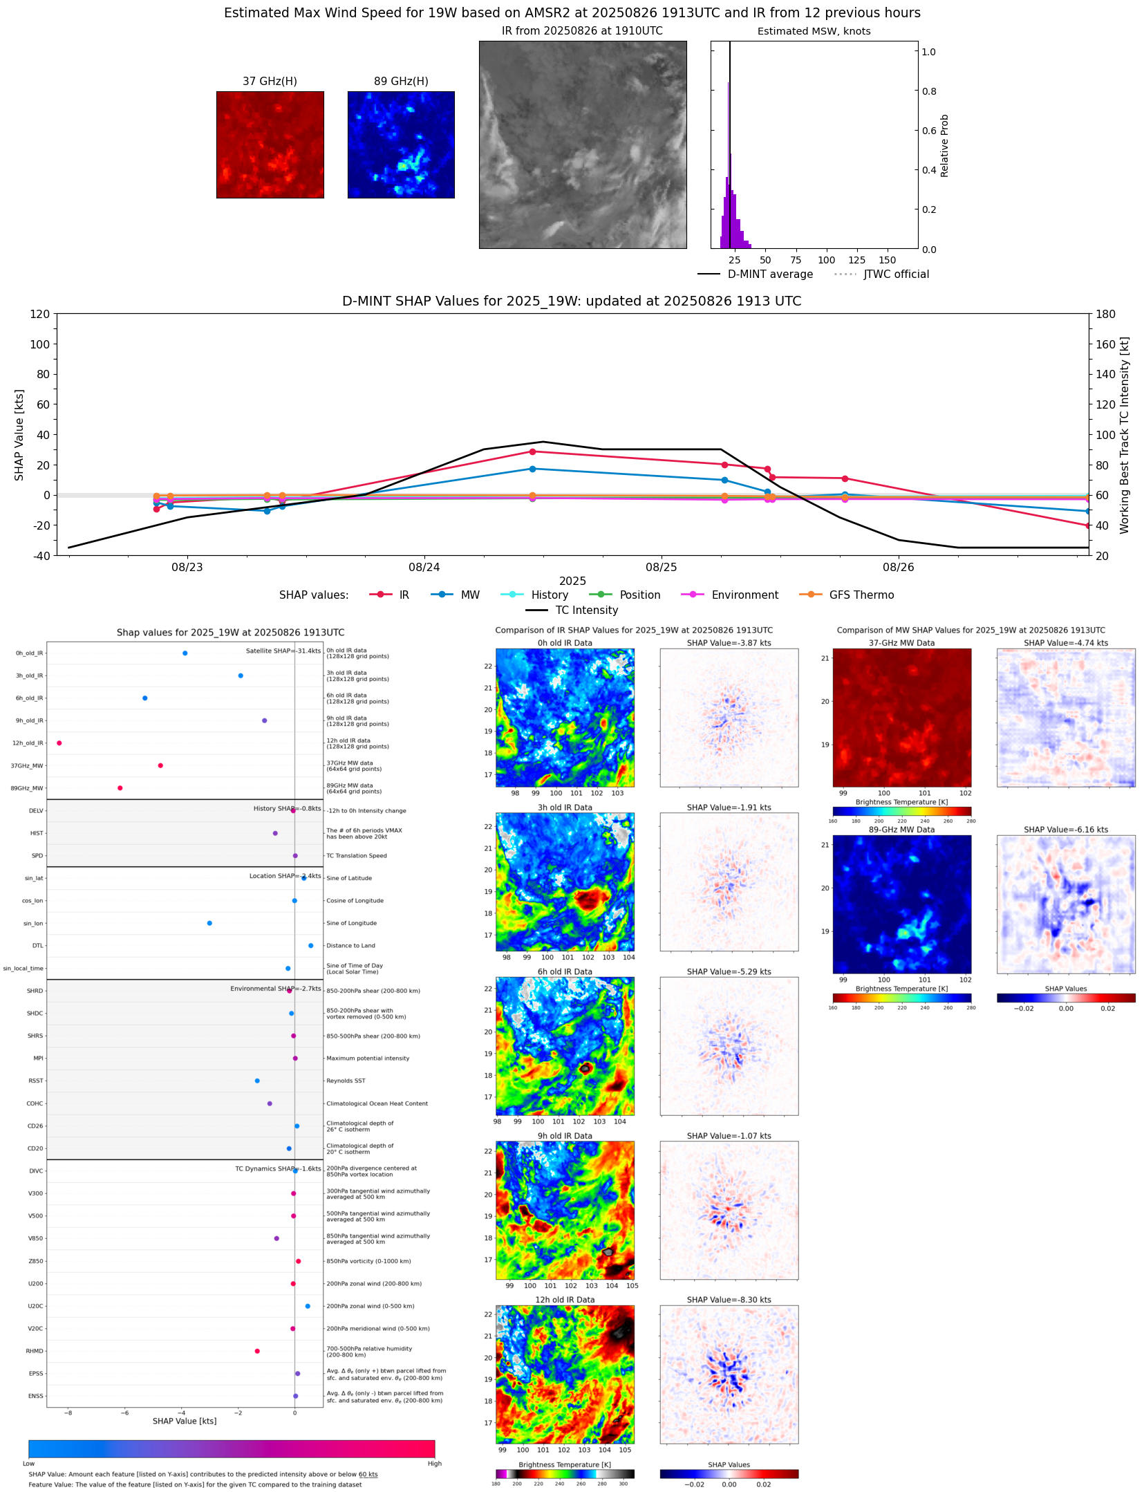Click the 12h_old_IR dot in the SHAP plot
tap(59, 743)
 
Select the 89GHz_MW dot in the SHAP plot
tap(120, 787)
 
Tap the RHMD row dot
tap(257, 1350)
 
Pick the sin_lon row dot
tap(209, 923)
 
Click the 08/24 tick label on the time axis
tap(424, 567)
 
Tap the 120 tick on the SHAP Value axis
tap(40, 314)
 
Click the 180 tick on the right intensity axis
tap(1105, 314)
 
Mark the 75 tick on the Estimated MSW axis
tap(796, 260)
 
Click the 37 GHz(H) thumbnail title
tap(270, 82)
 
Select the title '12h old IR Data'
tap(565, 1299)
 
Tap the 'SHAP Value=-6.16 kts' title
tap(1065, 829)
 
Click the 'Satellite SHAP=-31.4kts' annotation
tap(283, 651)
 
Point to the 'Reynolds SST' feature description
tap(346, 1080)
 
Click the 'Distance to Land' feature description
tap(350, 945)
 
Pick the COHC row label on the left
tap(35, 1103)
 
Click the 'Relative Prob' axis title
tap(944, 145)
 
